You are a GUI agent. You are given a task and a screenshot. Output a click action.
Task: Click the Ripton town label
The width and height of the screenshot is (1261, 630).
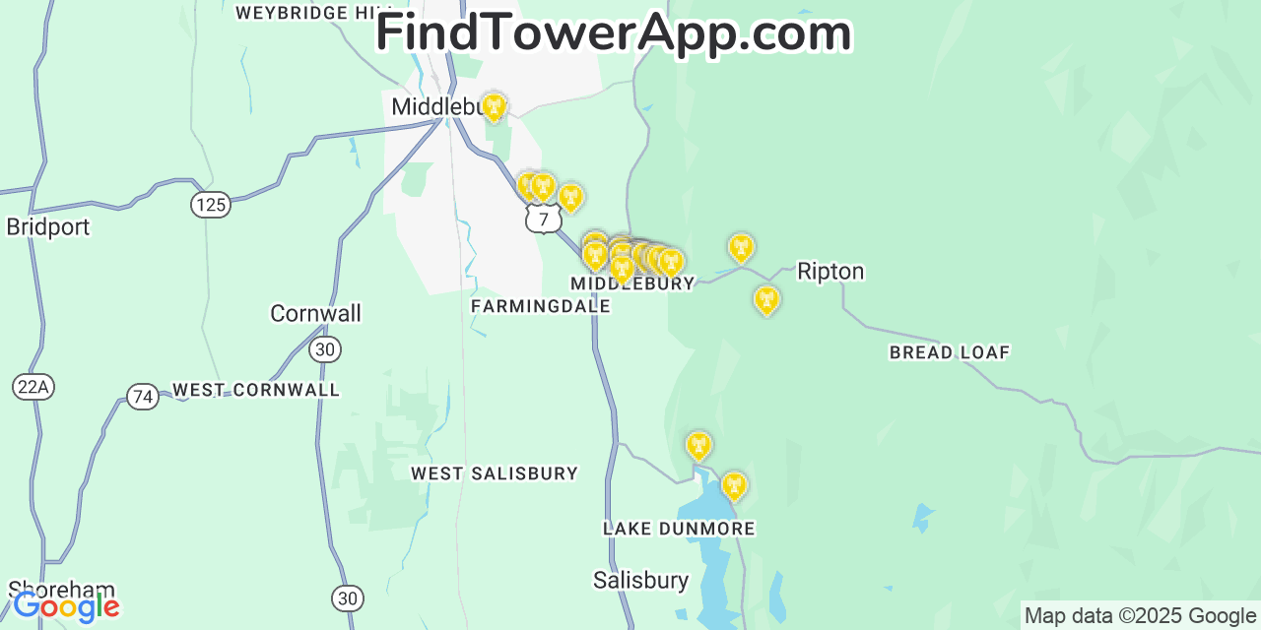[x=830, y=272]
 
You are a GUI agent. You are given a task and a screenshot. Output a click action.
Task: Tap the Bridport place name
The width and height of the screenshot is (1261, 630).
[x=47, y=226]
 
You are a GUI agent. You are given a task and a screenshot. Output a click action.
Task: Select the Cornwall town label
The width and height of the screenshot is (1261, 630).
[x=315, y=313]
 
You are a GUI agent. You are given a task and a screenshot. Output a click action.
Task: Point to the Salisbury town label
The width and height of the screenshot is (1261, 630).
[x=640, y=580]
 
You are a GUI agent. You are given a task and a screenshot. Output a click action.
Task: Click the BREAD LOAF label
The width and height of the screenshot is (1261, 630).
[x=949, y=352]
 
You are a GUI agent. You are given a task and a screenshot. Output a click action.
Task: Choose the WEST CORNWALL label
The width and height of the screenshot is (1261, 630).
[x=256, y=390]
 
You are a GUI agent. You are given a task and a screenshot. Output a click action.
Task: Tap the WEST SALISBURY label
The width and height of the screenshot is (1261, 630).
[x=494, y=473]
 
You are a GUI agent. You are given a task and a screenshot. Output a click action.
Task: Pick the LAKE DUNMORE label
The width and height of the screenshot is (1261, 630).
[x=679, y=529]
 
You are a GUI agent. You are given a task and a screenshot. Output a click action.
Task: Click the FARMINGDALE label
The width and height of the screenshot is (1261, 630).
[x=540, y=306]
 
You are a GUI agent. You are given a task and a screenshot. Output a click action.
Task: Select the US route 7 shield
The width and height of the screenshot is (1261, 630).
[x=543, y=219]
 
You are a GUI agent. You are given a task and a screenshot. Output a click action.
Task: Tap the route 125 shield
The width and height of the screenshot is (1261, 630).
[x=211, y=205]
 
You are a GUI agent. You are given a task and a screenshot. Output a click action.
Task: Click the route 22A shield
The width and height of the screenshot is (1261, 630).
[x=33, y=387]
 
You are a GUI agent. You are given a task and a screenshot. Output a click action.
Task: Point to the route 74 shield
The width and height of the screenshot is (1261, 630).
[x=143, y=397]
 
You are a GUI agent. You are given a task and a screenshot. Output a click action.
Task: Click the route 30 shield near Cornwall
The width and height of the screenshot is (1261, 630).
[x=325, y=349]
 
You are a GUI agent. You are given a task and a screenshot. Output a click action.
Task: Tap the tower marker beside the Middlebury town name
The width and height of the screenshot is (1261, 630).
[x=494, y=106]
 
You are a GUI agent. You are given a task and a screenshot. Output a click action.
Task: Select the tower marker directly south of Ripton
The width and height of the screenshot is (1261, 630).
[x=766, y=299]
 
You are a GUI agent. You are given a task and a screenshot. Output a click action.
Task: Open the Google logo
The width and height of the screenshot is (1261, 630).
[x=66, y=607]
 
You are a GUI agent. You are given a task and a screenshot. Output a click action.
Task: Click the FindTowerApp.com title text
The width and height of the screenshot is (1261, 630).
[x=613, y=33]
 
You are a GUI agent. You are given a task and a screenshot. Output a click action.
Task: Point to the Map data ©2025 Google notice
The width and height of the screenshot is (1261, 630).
[x=1140, y=616]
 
